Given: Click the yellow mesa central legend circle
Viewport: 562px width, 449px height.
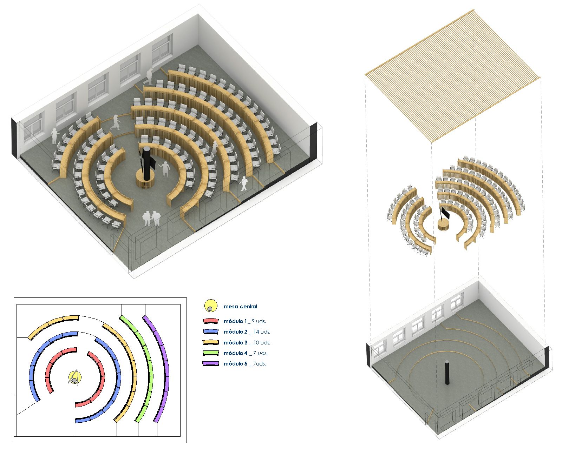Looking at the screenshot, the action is point(210,306).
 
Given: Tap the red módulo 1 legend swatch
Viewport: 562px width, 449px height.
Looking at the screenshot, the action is point(210,321).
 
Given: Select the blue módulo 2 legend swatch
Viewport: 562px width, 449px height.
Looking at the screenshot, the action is point(210,332).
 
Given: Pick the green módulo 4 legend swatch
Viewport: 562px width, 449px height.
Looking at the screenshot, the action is point(210,353).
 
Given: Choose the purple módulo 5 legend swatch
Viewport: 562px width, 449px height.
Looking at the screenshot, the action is point(210,364).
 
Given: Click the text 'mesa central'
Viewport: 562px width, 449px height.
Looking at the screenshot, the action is point(240,307).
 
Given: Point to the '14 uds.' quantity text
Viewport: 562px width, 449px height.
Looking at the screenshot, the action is point(262,332).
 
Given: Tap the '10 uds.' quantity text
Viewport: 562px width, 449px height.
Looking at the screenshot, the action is point(262,343).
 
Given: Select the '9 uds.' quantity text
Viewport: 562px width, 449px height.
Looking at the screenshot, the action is point(259,321).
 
